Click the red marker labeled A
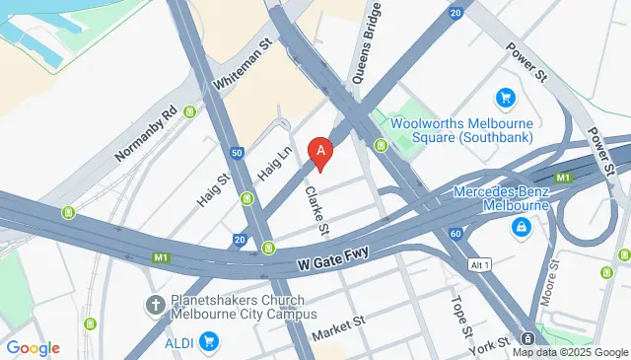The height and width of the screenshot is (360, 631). pyautogui.click(x=320, y=152)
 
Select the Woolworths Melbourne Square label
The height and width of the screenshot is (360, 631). pyautogui.click(x=461, y=130)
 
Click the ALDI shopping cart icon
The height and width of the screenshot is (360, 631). pyautogui.click(x=208, y=341)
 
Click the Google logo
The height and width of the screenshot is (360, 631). pyautogui.click(x=33, y=348)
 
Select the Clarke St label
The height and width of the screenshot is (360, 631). pyautogui.click(x=315, y=210)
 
